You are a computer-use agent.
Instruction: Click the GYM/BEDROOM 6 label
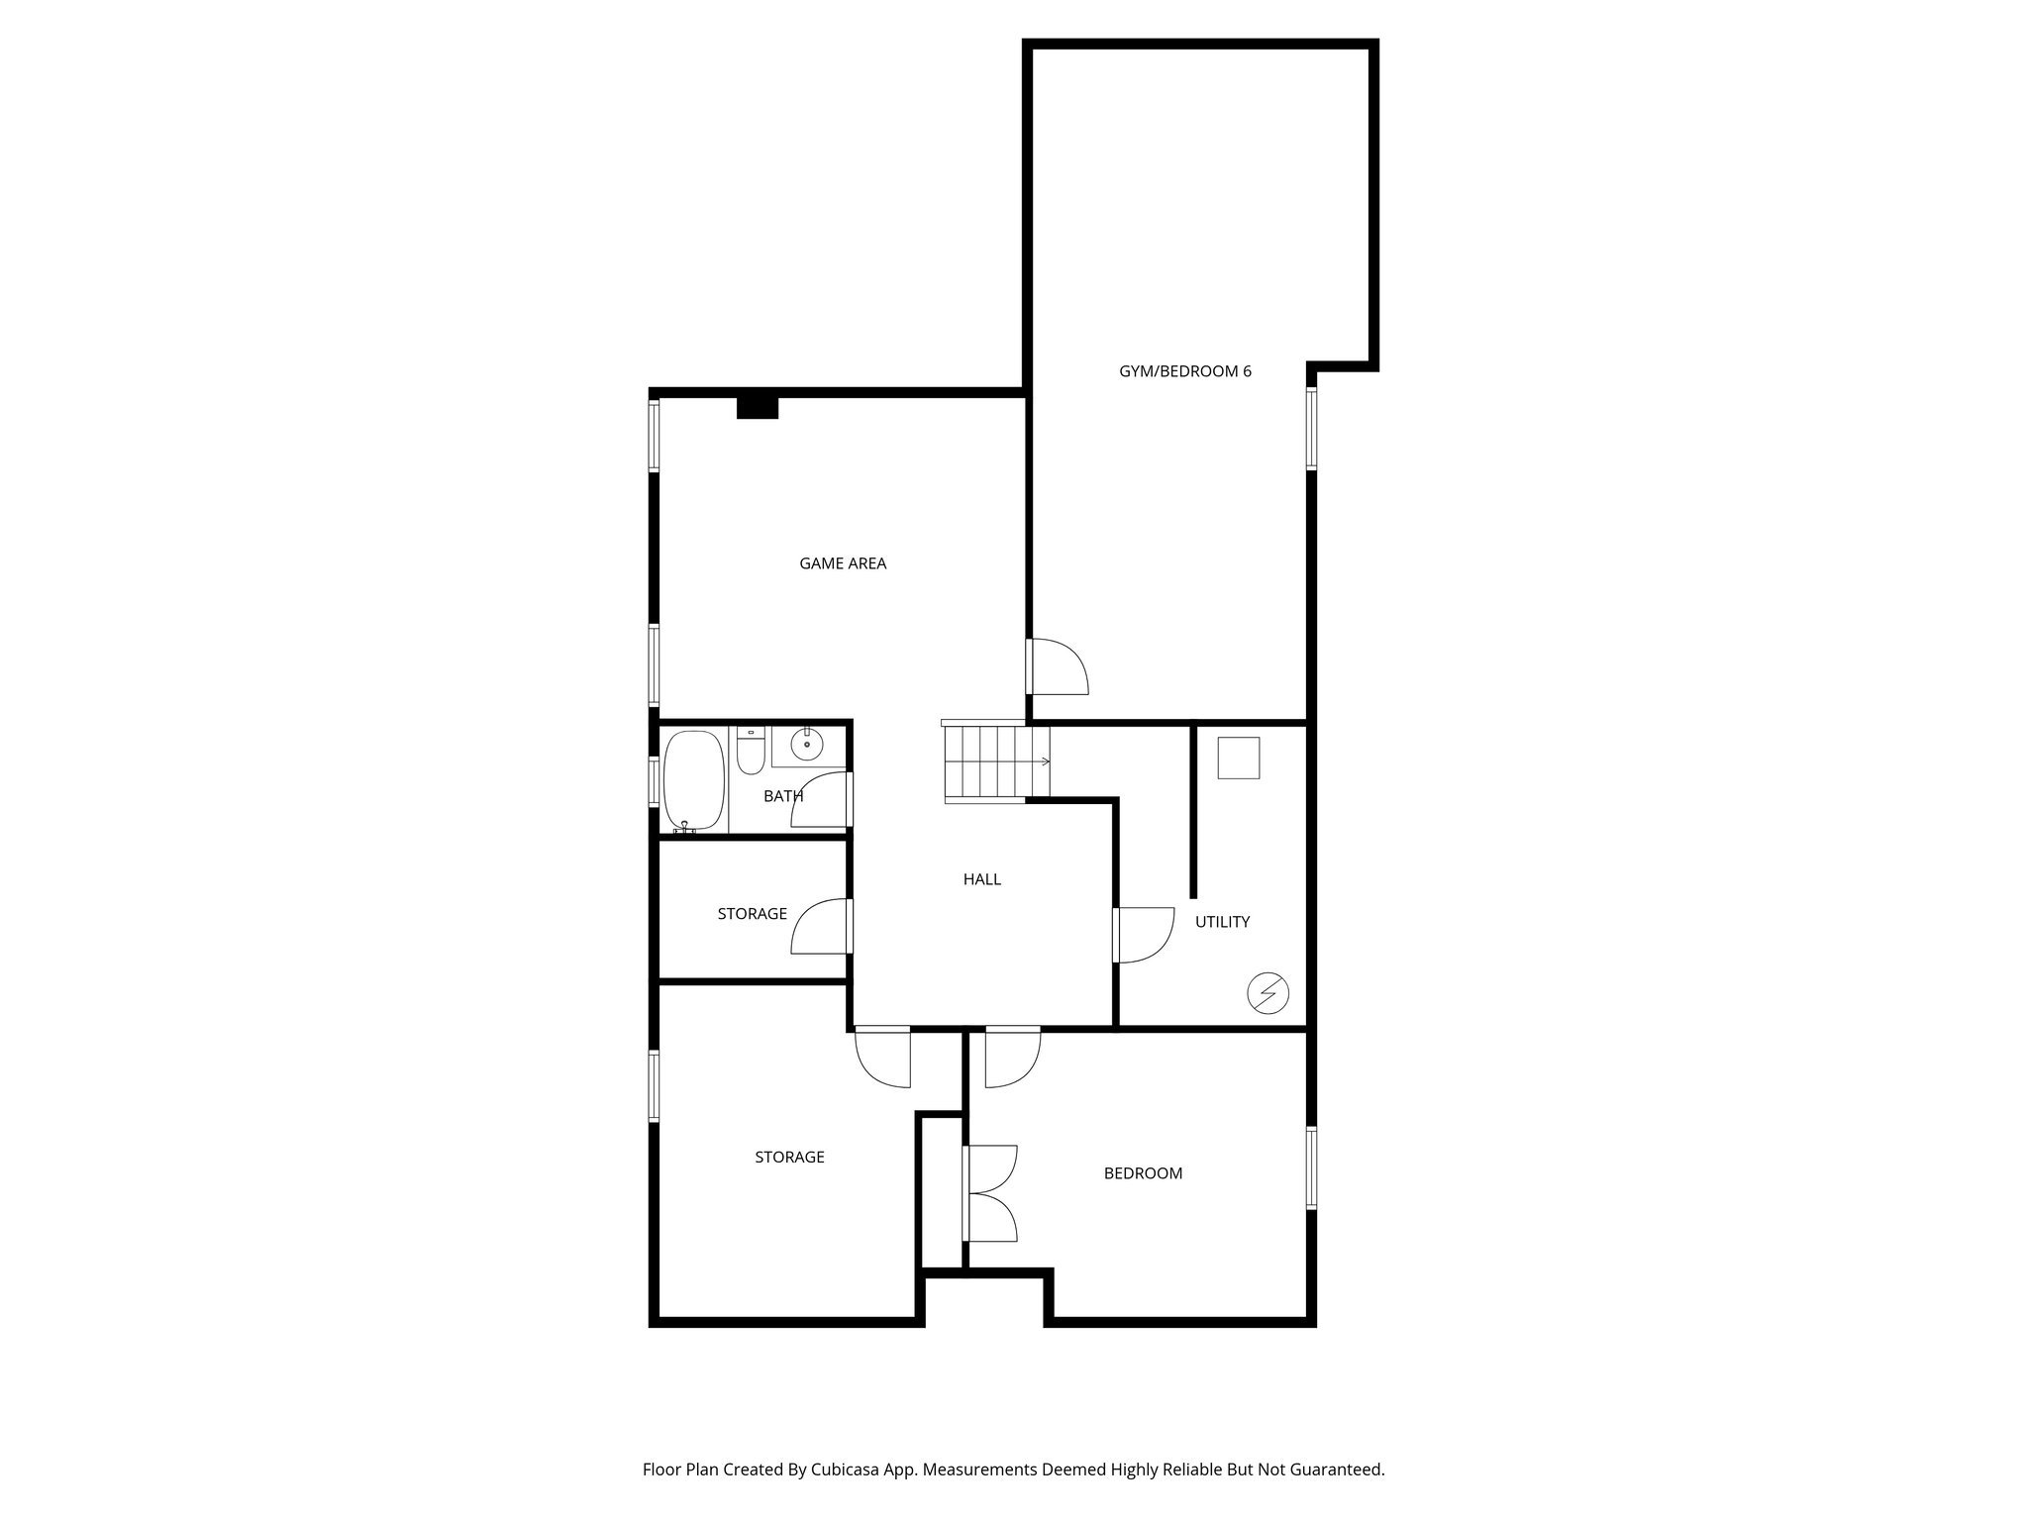(x=1184, y=371)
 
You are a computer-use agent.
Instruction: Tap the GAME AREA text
(x=843, y=563)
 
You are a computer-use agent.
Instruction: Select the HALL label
(x=981, y=879)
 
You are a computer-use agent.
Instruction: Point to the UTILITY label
(x=1222, y=922)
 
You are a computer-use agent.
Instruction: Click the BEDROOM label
(x=1143, y=1173)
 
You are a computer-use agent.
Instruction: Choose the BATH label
(x=782, y=796)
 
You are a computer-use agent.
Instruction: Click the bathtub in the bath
(x=693, y=780)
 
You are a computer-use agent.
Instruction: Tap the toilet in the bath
(x=751, y=753)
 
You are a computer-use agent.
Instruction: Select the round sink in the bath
(x=808, y=742)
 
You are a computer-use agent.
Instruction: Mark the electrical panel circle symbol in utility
(x=1267, y=993)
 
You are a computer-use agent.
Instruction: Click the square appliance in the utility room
(x=1238, y=758)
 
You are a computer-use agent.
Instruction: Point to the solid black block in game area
(x=758, y=407)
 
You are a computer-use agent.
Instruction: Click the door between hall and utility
(x=1141, y=934)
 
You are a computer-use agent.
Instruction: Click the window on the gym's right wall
(x=1311, y=428)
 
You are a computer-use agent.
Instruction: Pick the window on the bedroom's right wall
(x=1311, y=1167)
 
